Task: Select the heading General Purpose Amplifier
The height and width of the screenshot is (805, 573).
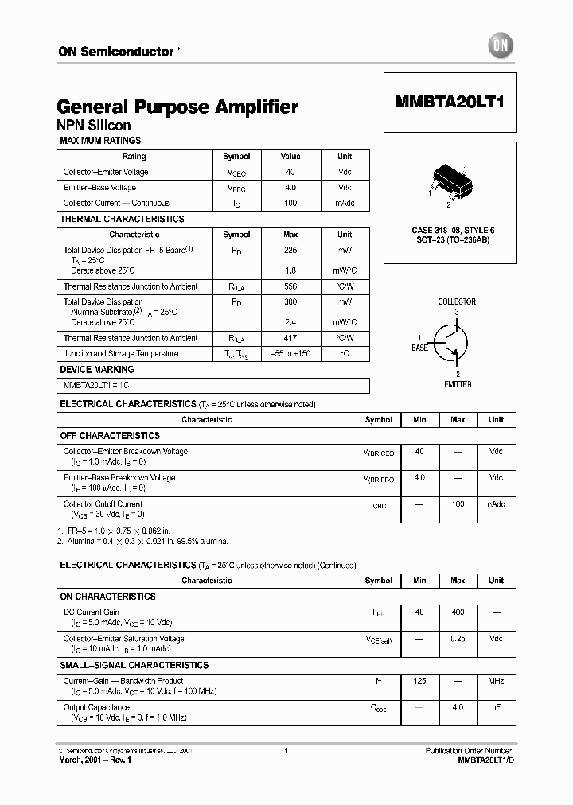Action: pyautogui.click(x=177, y=107)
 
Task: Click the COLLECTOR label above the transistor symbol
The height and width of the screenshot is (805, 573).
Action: pyautogui.click(x=457, y=301)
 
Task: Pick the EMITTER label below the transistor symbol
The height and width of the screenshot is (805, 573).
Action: pyautogui.click(x=458, y=384)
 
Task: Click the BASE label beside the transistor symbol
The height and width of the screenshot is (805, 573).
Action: pyautogui.click(x=419, y=348)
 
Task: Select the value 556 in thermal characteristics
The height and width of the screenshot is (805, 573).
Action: pyautogui.click(x=290, y=286)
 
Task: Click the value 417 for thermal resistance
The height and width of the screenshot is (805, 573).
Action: pyautogui.click(x=290, y=338)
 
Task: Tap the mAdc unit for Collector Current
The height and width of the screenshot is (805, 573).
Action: pyautogui.click(x=345, y=203)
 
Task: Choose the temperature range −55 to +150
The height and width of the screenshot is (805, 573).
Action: pyautogui.click(x=290, y=353)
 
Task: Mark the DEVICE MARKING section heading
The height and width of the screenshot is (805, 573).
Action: pyautogui.click(x=97, y=370)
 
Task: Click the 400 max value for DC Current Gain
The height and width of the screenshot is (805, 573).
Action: pyautogui.click(x=458, y=612)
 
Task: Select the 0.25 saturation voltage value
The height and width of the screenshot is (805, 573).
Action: pyautogui.click(x=458, y=638)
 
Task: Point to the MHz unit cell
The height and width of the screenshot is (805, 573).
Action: pyautogui.click(x=496, y=681)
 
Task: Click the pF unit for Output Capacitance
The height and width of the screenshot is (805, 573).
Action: pyautogui.click(x=496, y=707)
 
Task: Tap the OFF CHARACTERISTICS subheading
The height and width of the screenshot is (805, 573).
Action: pyautogui.click(x=110, y=436)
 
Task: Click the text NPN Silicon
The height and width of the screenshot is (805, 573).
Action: pyautogui.click(x=94, y=126)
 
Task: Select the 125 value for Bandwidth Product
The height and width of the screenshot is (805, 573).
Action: pyautogui.click(x=419, y=681)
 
